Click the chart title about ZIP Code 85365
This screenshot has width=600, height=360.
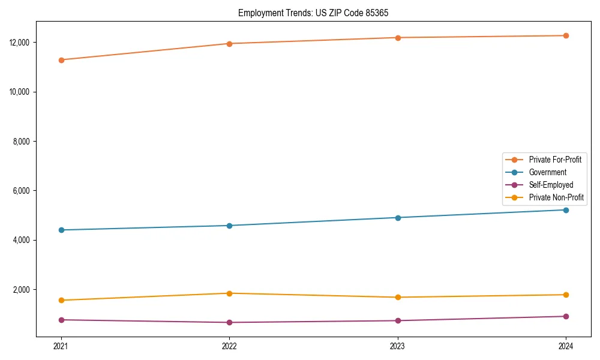(x=317, y=13)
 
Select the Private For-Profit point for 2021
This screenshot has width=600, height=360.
(x=61, y=60)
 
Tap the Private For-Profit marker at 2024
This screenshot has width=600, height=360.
(x=566, y=35)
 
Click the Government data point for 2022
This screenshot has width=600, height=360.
(x=229, y=226)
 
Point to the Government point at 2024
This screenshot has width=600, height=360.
(x=566, y=210)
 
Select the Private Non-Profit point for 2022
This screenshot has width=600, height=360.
(x=229, y=293)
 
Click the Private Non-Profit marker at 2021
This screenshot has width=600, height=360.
(x=61, y=300)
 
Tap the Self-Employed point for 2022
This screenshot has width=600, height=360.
(x=229, y=323)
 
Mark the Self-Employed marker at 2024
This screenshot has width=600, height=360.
(x=566, y=316)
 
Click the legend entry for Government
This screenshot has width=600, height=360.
(x=547, y=172)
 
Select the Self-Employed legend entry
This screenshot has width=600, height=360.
(x=551, y=185)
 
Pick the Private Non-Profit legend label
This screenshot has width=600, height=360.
(x=556, y=197)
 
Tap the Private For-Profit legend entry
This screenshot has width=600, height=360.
(x=555, y=160)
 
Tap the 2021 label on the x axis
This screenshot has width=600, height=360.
(x=61, y=346)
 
